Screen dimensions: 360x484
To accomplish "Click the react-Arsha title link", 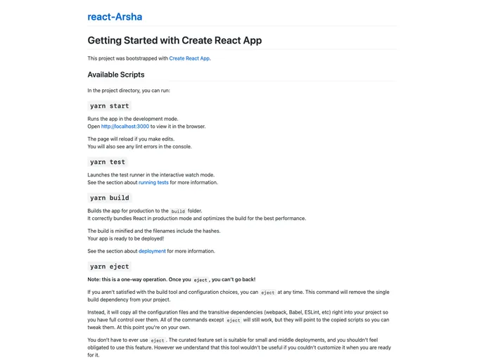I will [115, 17].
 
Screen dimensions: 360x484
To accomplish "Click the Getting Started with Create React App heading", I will [174, 40].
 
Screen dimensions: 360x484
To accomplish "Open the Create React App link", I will [189, 58].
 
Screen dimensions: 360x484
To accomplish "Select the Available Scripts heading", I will [116, 75].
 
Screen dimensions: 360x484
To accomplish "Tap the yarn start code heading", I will [109, 105].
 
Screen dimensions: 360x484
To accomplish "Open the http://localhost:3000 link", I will [125, 127].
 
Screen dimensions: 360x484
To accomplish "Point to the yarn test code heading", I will [108, 162].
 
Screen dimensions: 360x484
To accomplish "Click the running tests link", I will [153, 182].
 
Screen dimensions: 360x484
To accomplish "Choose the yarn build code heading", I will [109, 198].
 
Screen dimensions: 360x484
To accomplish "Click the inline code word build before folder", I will [178, 211].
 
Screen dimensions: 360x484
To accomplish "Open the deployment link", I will [152, 251].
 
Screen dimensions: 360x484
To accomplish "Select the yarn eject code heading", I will [109, 266].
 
